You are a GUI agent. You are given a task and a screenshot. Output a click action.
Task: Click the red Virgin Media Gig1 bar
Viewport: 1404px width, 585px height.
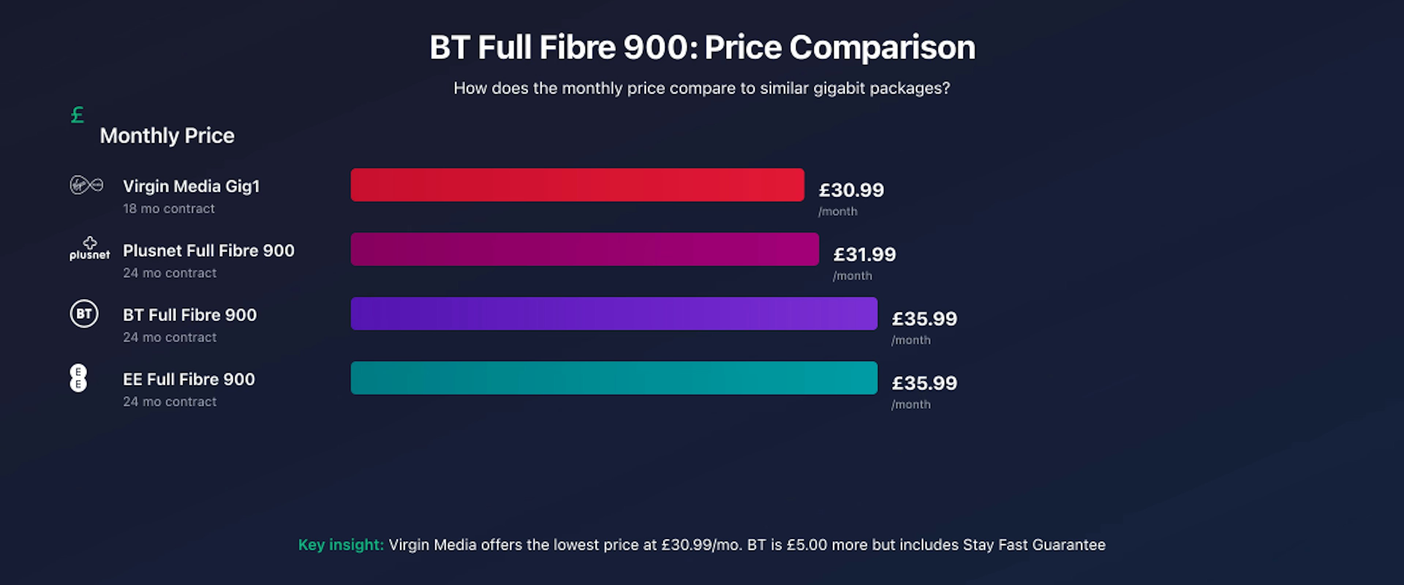tap(577, 185)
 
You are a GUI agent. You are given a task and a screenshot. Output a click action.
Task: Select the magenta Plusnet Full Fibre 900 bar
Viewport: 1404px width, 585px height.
tap(584, 249)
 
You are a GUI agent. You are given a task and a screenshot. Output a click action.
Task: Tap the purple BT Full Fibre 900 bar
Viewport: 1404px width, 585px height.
tap(614, 313)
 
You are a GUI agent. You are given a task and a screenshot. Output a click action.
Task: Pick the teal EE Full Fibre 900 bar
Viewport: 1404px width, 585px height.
tap(614, 378)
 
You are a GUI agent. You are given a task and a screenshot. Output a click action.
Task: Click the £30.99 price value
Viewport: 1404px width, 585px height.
tap(851, 190)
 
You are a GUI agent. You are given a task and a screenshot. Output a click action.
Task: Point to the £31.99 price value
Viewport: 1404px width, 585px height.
tap(864, 254)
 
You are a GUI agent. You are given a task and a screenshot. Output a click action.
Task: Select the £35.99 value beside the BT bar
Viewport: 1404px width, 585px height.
tap(924, 318)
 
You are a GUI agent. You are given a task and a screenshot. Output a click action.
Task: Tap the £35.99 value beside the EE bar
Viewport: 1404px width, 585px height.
tap(924, 383)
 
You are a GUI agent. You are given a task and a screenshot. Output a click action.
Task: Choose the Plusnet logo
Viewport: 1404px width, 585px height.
tap(89, 249)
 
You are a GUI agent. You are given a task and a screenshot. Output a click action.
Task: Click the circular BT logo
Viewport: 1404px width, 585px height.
tap(84, 313)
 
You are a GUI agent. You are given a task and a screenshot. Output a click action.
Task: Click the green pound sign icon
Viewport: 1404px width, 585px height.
tap(78, 115)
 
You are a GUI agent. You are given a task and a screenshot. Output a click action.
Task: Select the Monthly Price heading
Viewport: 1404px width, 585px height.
tap(167, 136)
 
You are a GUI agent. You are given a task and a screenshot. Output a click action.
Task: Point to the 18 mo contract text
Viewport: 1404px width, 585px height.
tap(169, 209)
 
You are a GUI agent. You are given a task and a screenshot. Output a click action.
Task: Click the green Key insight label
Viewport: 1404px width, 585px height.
tap(341, 545)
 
